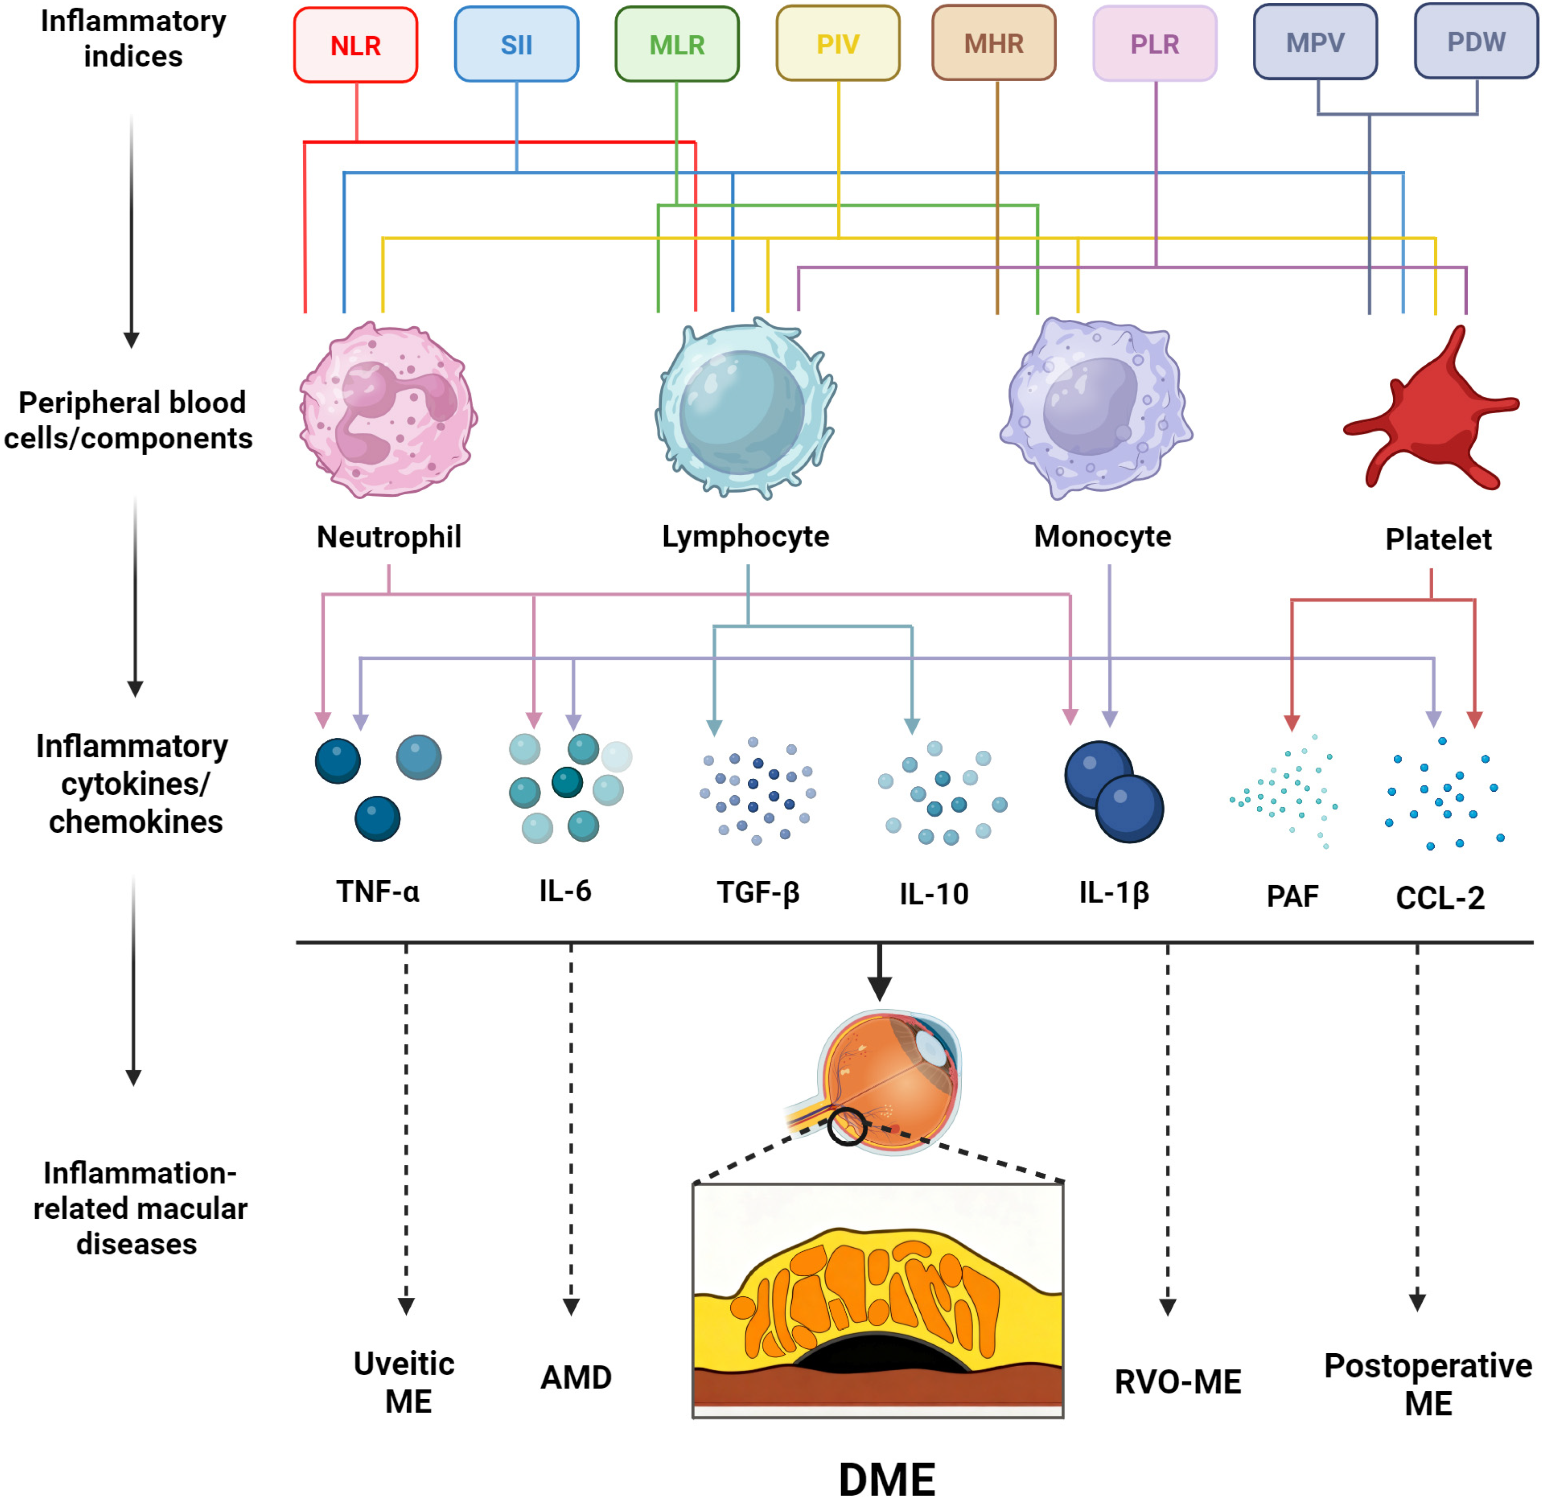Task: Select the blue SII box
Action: pos(516,45)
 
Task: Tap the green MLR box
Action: pos(677,45)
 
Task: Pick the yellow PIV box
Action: pos(837,44)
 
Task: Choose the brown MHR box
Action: pos(993,43)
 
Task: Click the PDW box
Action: pos(1476,42)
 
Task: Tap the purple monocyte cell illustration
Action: pos(1096,408)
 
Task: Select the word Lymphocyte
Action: pos(745,537)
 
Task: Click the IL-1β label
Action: pos(1113,893)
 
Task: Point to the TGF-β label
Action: pos(758,893)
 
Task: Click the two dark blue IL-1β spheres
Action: pos(1113,791)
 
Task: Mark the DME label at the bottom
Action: pos(886,1478)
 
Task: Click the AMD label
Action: pos(575,1378)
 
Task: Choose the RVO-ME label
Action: pos(1177,1382)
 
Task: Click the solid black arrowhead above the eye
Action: pos(879,988)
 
